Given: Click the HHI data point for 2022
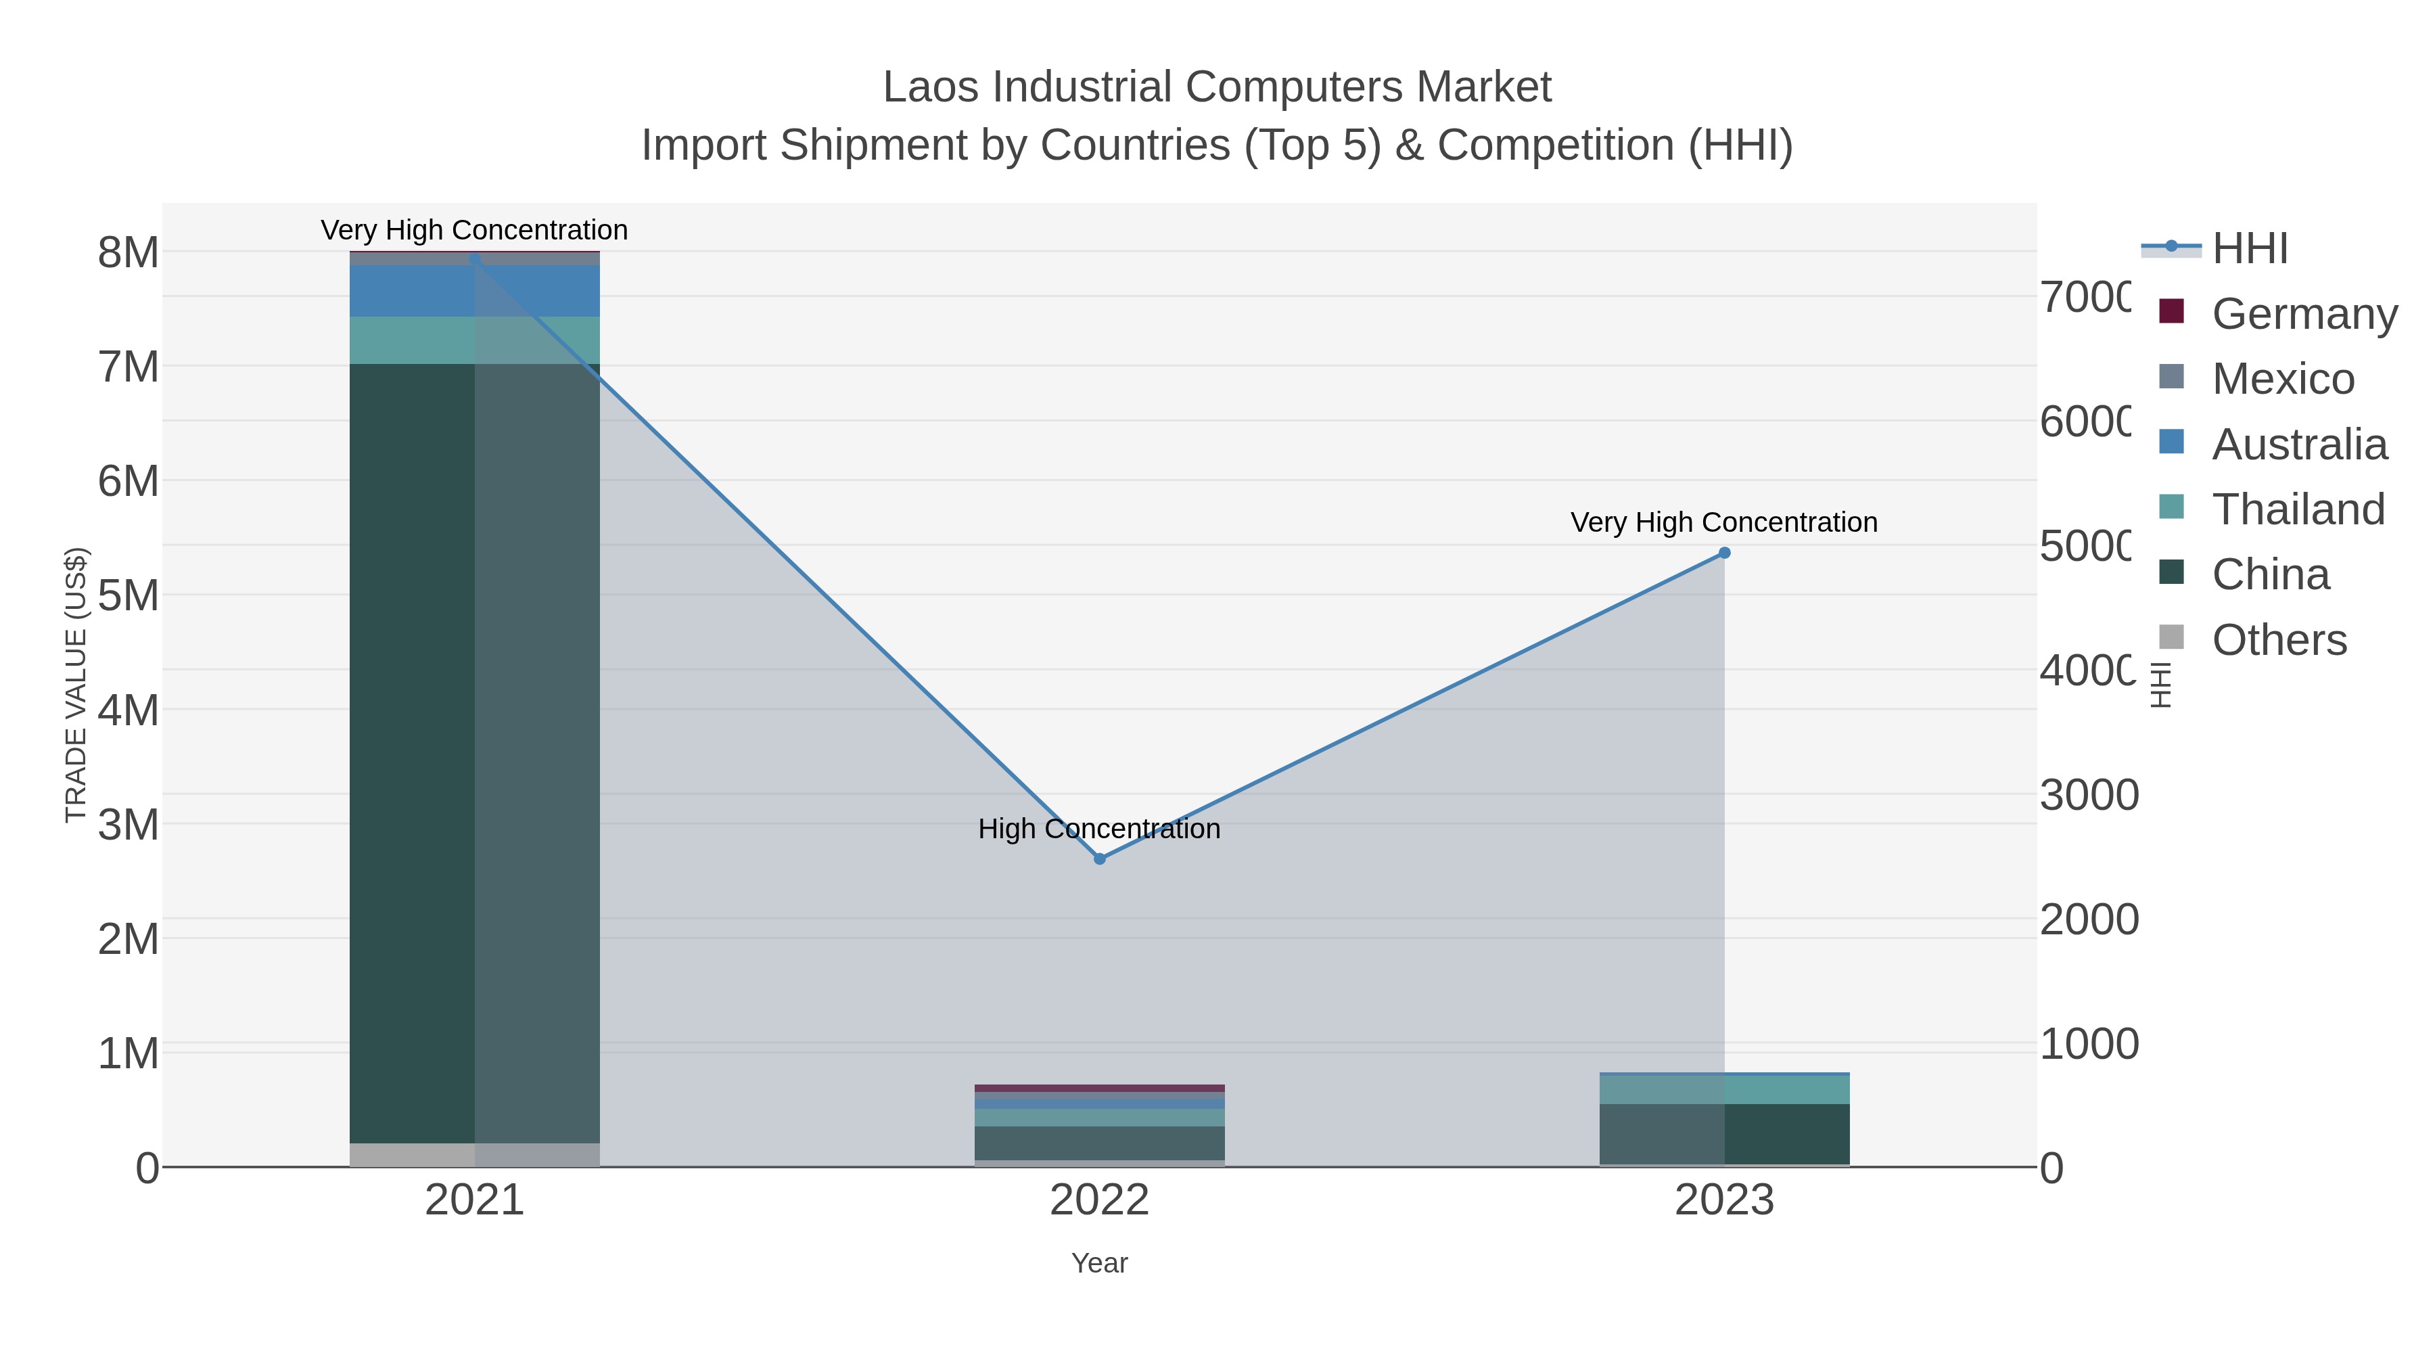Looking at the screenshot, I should coord(1099,859).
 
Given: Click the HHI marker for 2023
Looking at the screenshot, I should coord(1724,553).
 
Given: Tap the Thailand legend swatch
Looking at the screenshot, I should coord(2172,507).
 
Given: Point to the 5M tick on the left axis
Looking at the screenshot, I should coord(129,595).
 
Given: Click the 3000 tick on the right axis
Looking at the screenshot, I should coord(2089,795).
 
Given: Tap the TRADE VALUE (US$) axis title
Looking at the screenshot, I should coord(76,685).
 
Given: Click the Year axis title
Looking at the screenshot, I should coord(1099,1263).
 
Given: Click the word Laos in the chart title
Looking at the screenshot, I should coord(931,88).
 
